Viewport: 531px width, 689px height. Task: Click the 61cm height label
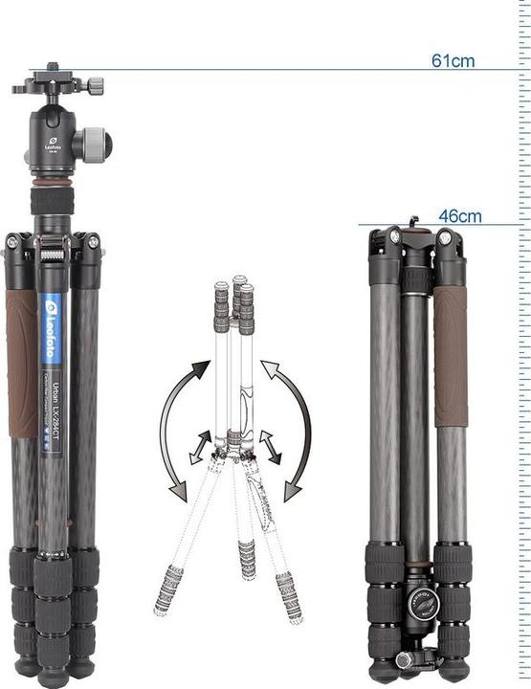453,60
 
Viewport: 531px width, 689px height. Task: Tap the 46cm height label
459,216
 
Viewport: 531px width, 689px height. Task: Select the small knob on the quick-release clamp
96,86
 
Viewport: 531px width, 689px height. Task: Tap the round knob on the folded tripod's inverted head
420,602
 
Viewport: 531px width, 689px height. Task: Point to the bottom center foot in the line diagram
247,559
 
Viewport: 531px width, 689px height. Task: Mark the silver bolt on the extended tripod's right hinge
93,243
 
